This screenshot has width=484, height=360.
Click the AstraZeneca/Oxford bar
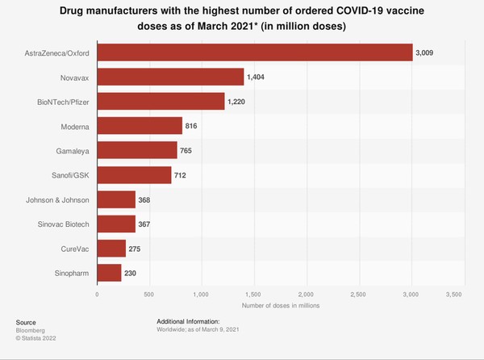pos(254,53)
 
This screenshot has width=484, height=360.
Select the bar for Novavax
pos(170,77)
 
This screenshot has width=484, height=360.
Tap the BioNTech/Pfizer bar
pos(161,102)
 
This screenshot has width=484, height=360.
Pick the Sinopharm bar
pos(109,273)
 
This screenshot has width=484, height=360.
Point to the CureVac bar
pos(111,249)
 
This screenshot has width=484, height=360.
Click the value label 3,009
pos(425,53)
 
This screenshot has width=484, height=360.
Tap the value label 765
pos(186,151)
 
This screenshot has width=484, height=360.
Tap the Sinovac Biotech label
pos(64,224)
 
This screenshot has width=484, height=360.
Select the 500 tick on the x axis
pos(149,295)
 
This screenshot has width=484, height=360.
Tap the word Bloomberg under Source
pos(31,330)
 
